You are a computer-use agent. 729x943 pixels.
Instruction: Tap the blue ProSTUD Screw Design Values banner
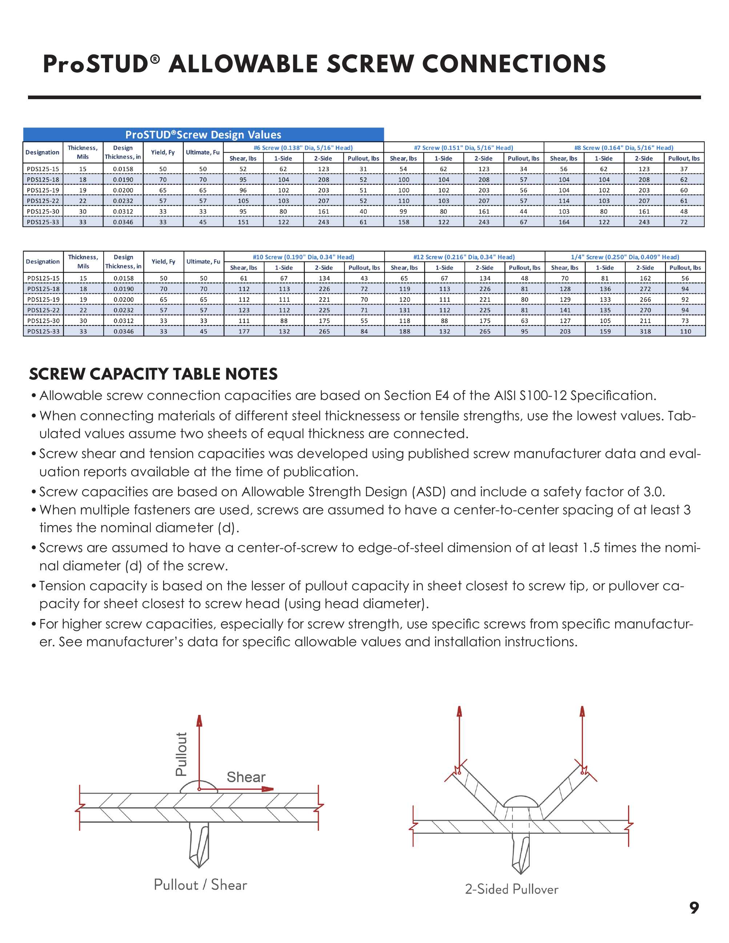point(203,135)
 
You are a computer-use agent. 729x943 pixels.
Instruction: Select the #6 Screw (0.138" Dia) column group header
point(303,148)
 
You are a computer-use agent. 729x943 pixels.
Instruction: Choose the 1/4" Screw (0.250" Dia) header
point(625,257)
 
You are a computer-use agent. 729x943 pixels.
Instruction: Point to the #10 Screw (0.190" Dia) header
point(303,257)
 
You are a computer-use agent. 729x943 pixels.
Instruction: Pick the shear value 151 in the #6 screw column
point(243,222)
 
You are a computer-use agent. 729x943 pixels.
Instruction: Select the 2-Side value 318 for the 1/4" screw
point(645,332)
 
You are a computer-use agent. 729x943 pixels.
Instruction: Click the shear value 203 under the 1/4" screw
point(565,332)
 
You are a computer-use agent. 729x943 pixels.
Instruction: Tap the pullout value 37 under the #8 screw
point(684,169)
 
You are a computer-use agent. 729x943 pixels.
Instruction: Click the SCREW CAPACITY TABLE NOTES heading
point(153,374)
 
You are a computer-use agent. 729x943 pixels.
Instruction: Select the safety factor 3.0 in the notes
point(653,492)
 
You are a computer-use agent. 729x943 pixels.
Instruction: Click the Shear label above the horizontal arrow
point(246,777)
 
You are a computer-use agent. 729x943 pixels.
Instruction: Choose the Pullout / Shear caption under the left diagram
point(200,885)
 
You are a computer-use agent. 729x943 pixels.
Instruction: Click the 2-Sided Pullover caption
point(511,890)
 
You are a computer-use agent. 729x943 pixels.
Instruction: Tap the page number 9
point(694,908)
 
